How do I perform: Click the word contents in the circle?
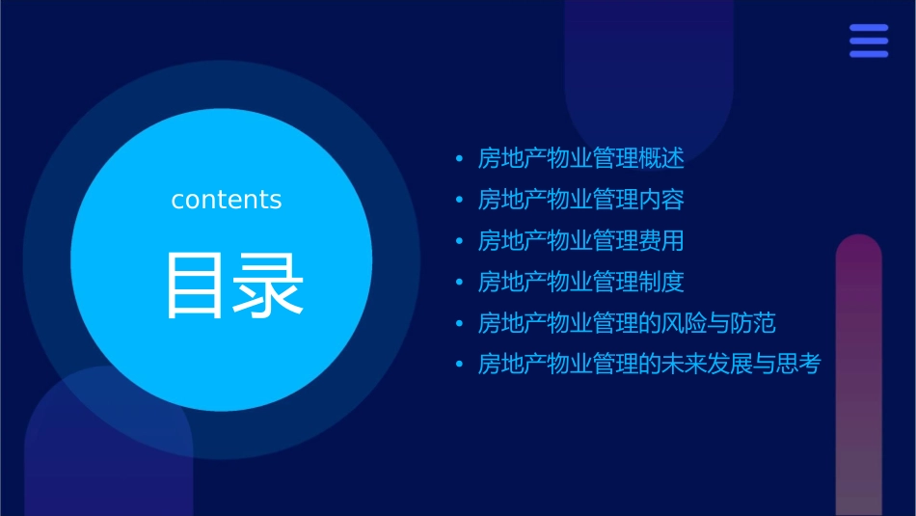coord(227,200)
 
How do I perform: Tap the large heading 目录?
coord(235,285)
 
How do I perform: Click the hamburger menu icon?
coord(869,41)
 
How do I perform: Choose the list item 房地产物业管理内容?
coord(580,200)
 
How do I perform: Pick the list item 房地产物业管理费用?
coord(580,240)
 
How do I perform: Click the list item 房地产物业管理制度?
coord(580,282)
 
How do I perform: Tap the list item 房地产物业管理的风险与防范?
coord(627,322)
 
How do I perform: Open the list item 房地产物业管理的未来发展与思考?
coord(649,365)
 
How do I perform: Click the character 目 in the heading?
coord(198,285)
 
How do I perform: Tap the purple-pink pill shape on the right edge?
coord(858,376)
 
